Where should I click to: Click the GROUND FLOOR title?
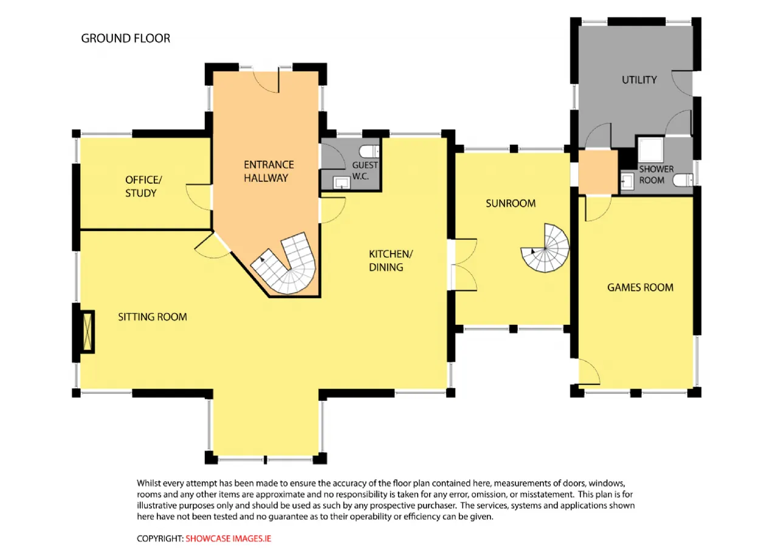(126, 38)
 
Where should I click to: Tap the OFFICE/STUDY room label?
(143, 186)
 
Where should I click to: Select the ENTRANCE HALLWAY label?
(269, 171)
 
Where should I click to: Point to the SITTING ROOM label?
(153, 317)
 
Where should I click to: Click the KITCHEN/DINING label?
(391, 260)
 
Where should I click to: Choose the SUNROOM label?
(511, 203)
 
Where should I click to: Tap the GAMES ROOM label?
(640, 287)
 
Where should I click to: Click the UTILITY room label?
(639, 80)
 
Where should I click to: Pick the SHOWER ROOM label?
(656, 175)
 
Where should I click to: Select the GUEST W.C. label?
(365, 170)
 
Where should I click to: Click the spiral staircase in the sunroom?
(545, 248)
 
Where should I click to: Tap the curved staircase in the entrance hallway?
(284, 263)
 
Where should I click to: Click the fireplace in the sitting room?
(88, 332)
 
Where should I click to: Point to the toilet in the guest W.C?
(369, 151)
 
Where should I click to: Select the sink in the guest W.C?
(342, 183)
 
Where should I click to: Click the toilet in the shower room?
(683, 180)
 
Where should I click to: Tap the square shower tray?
(651, 150)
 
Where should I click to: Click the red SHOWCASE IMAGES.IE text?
(228, 538)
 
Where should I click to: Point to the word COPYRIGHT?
(160, 538)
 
